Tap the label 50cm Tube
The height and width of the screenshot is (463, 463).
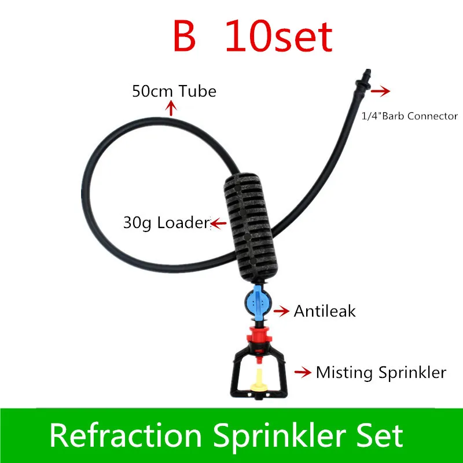(174, 91)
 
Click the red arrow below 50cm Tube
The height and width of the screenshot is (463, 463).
(171, 107)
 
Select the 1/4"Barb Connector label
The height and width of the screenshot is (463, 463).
(409, 116)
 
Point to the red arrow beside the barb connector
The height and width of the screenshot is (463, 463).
(381, 91)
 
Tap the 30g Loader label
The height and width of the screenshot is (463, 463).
(166, 222)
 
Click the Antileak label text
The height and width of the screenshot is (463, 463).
(325, 311)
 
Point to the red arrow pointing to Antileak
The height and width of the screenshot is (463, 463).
(281, 311)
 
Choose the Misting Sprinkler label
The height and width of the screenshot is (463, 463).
(381, 372)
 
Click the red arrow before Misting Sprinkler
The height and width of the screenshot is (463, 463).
(303, 373)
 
